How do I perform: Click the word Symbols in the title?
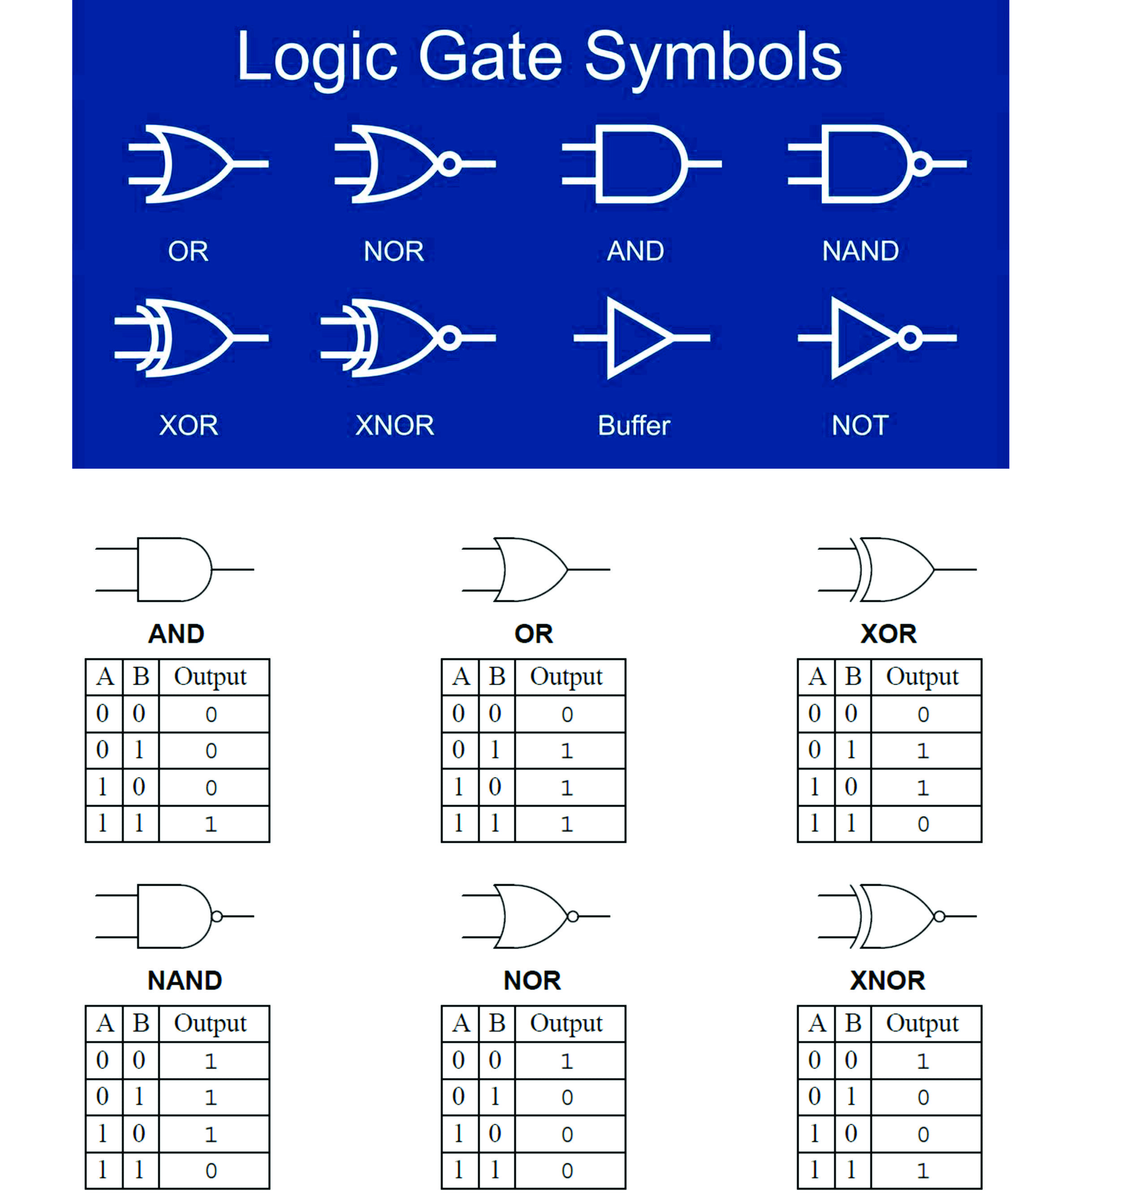713,57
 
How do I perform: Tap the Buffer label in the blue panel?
633,425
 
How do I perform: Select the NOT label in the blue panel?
859,425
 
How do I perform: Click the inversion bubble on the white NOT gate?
909,338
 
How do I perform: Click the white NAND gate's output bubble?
920,164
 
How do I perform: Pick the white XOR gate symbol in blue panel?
188,338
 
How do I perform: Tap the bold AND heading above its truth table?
176,634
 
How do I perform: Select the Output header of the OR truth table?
566,677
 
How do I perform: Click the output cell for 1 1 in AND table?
211,824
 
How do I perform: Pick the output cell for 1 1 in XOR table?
923,824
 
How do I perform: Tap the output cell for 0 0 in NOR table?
566,1061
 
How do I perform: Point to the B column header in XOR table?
853,677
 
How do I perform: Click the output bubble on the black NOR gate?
572,916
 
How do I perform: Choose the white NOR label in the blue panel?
394,251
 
